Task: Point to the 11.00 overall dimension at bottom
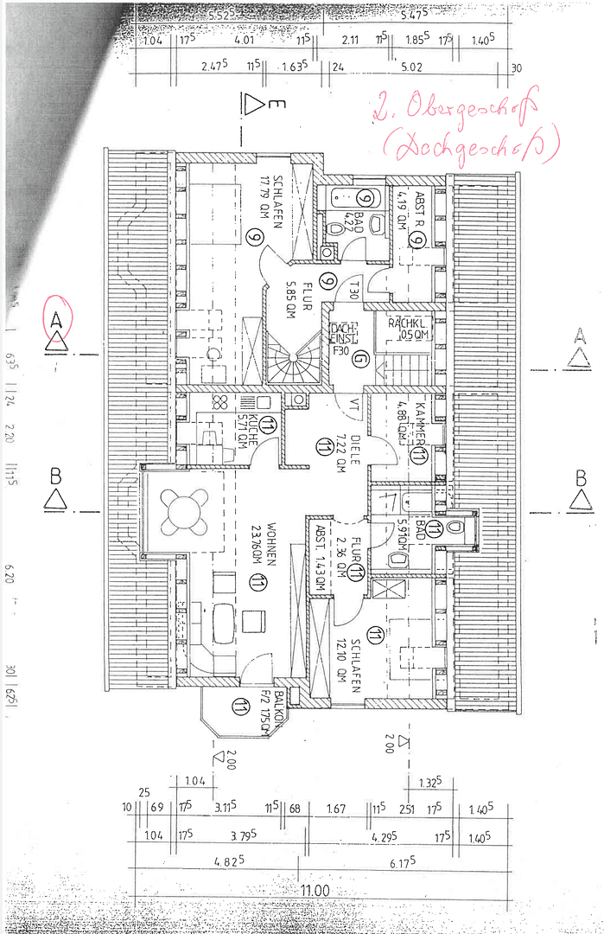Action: [x=315, y=890]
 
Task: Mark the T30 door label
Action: [x=353, y=291]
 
